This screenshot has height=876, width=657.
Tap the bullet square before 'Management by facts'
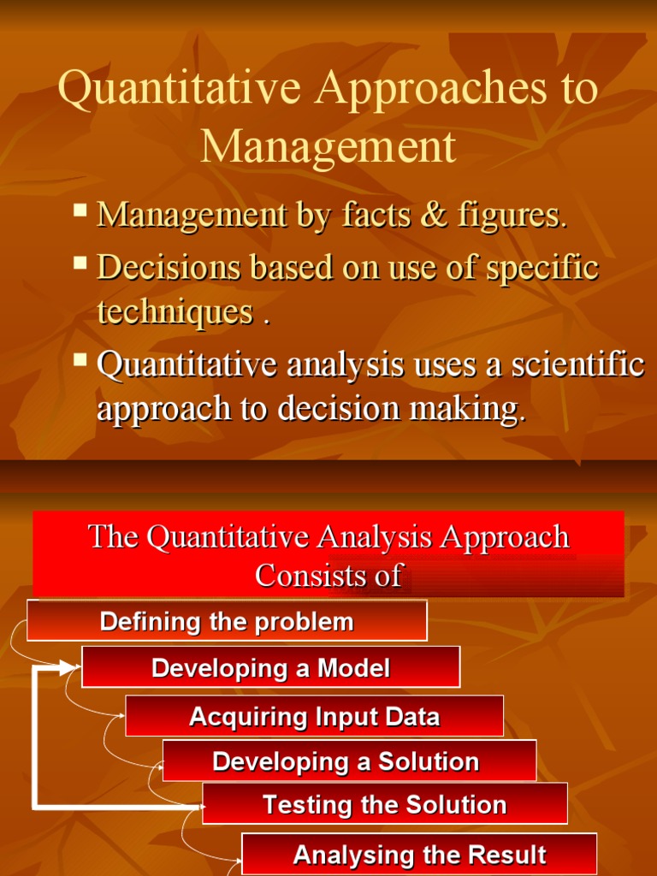point(80,210)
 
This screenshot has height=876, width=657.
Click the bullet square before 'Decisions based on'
point(80,263)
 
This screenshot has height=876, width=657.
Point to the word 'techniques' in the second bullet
point(175,312)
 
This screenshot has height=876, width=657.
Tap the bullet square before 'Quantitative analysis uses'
point(80,359)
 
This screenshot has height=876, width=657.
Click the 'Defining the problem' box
point(227,621)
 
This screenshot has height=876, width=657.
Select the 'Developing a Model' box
point(270,668)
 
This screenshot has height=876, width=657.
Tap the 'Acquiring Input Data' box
point(314,716)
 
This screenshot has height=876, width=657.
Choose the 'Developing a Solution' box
point(349,761)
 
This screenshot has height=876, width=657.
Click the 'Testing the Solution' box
point(384,805)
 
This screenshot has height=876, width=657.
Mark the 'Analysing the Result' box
point(419,855)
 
